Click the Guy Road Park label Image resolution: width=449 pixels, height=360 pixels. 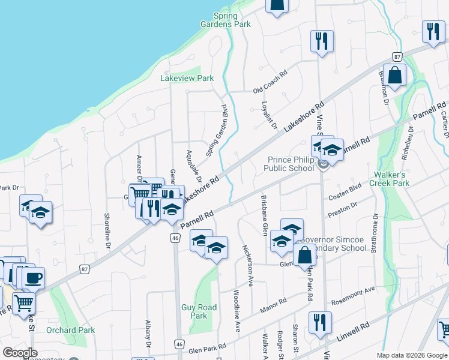pos(194,311)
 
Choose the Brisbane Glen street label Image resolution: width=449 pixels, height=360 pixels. pos(263,214)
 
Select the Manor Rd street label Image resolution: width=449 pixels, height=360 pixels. pos(273,304)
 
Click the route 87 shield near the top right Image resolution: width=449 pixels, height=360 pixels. pos(397,56)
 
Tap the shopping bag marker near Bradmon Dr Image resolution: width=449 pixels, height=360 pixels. pos(394,76)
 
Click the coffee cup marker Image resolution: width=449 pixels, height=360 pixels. pos(34,278)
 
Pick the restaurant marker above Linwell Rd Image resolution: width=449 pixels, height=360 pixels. pos(320,322)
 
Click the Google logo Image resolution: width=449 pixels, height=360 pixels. pos(20,353)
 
